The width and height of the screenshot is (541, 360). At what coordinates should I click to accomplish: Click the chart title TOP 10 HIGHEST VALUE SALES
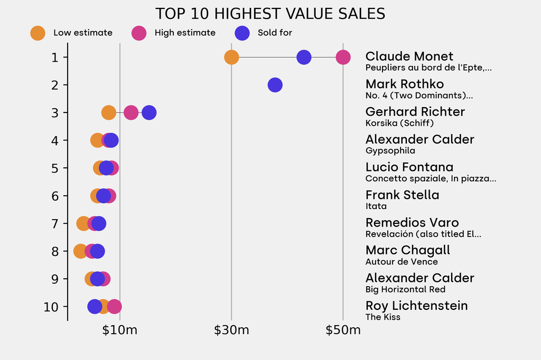[270, 14]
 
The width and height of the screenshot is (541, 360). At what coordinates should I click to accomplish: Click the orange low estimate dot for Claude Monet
[231, 57]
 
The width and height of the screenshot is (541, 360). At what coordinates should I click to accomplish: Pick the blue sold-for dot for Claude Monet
[304, 57]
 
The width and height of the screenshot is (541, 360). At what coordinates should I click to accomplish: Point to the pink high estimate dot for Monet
[343, 57]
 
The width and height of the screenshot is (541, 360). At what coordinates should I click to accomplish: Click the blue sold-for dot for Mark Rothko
[275, 84]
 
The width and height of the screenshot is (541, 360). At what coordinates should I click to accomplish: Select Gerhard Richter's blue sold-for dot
[149, 112]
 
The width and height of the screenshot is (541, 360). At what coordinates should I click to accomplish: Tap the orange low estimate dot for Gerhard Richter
[108, 112]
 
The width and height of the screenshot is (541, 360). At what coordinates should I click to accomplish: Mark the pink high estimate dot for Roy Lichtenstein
[114, 306]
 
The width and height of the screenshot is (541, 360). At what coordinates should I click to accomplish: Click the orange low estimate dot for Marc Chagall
[80, 251]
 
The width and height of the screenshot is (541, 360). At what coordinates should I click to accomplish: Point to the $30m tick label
[231, 331]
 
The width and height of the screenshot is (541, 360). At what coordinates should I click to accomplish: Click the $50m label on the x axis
[343, 331]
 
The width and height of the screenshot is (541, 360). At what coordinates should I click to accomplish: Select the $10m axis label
[120, 331]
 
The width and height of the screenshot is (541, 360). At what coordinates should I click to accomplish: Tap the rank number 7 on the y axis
[55, 223]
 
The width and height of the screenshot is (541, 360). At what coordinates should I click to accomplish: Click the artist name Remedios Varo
[412, 223]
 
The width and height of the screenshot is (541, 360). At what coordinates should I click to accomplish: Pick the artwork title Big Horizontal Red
[405, 289]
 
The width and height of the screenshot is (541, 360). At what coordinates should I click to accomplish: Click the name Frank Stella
[402, 195]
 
